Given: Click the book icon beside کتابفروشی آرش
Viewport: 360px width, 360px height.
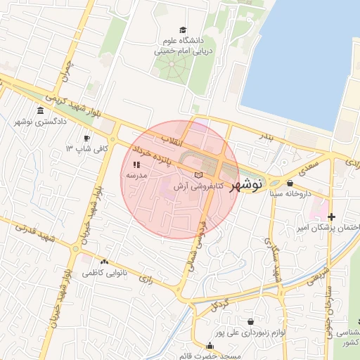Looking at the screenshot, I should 198,174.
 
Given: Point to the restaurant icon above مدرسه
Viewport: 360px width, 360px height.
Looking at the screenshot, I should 136,164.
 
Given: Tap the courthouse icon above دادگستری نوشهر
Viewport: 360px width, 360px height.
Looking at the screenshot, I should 39,112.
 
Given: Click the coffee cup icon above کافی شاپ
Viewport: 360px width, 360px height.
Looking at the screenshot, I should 86,139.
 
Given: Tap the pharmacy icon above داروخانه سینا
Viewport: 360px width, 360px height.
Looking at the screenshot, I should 290,182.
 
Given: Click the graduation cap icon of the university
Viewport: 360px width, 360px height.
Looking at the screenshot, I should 183,31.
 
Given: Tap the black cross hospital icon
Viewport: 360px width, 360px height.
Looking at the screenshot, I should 330,217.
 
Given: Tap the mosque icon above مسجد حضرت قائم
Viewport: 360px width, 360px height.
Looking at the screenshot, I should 210,345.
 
